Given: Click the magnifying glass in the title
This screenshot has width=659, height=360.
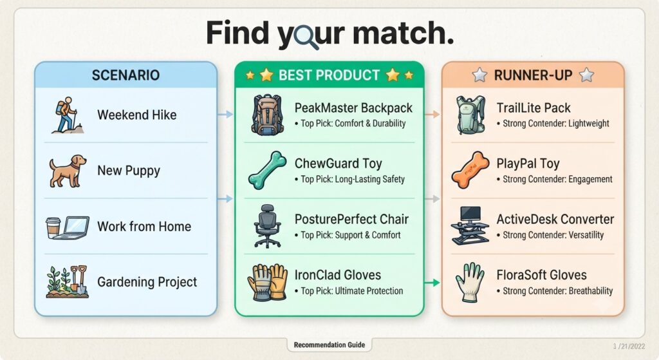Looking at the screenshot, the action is pyautogui.click(x=306, y=37).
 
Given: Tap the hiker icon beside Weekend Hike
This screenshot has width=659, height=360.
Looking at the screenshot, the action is pyautogui.click(x=67, y=115).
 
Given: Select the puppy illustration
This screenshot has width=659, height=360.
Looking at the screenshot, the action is pyautogui.click(x=68, y=171).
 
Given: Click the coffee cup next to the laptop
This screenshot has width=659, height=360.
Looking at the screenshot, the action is pyautogui.click(x=53, y=228).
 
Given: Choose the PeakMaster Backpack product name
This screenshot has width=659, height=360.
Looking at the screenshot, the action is pyautogui.click(x=353, y=108).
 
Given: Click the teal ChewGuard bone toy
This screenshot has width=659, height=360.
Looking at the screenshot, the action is pyautogui.click(x=267, y=170).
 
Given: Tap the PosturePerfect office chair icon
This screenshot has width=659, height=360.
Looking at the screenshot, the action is pyautogui.click(x=267, y=226).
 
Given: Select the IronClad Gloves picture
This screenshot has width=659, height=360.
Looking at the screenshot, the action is pyautogui.click(x=267, y=282).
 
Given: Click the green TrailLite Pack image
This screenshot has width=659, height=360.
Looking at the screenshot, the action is pyautogui.click(x=470, y=115).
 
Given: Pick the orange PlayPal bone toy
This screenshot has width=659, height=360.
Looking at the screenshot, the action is pyautogui.click(x=470, y=170).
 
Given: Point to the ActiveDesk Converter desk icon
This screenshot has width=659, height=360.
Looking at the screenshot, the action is pyautogui.click(x=470, y=225).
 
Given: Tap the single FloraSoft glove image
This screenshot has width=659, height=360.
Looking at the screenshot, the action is pyautogui.click(x=470, y=282).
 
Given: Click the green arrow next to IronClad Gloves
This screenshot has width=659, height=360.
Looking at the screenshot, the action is pyautogui.click(x=432, y=283).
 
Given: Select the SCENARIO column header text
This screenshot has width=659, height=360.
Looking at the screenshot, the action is pyautogui.click(x=125, y=75).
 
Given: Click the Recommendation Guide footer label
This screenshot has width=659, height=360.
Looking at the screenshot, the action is pyautogui.click(x=329, y=345).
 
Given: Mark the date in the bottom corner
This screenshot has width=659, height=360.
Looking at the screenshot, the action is pyautogui.click(x=629, y=346).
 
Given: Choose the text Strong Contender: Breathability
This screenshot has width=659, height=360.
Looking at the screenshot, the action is pyautogui.click(x=558, y=291).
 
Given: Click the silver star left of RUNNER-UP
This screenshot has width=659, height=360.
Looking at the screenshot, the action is pyautogui.click(x=479, y=75).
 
